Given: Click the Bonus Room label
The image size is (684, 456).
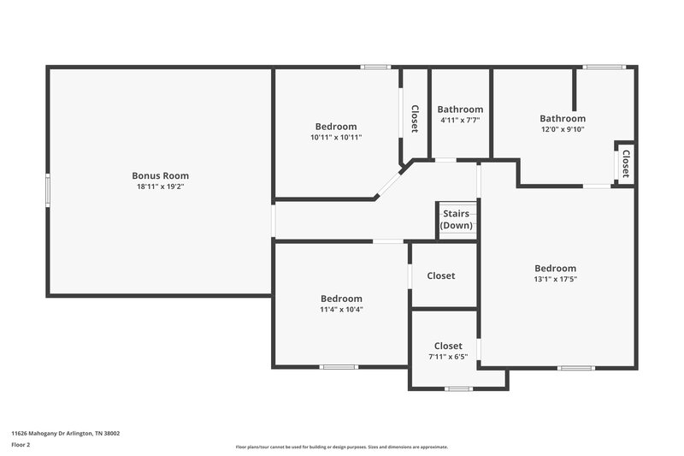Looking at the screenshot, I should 160,175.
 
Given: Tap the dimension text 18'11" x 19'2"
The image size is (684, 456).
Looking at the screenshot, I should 160,187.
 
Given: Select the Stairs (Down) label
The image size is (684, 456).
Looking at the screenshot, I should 456,220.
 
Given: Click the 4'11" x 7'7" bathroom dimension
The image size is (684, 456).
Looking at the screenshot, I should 460,121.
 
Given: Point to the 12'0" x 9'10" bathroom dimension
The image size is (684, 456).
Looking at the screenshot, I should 563,130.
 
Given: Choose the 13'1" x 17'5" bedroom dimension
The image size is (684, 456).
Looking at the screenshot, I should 556,279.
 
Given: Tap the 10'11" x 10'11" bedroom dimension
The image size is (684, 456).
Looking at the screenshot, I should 336,137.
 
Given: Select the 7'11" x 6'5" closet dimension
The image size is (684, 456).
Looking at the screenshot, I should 448,357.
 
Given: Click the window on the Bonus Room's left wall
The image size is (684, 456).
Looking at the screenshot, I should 48,189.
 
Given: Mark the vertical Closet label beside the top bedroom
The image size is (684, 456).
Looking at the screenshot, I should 415,119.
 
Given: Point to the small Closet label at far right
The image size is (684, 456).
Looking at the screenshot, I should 626,163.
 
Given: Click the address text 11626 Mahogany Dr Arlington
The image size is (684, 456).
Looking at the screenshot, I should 65,434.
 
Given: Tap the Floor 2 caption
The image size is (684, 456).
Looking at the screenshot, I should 21,446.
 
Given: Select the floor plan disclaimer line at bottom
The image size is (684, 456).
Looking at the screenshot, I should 342,447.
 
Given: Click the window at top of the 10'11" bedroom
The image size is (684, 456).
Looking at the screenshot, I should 375,67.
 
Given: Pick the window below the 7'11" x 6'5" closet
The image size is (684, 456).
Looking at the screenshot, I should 459,389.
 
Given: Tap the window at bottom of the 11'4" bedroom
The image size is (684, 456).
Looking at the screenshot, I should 339,367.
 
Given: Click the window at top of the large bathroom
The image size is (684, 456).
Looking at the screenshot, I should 604,67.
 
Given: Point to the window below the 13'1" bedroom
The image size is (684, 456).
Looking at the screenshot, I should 575,368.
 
